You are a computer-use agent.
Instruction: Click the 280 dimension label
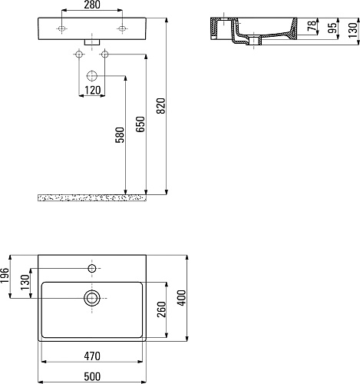(x=92, y=5)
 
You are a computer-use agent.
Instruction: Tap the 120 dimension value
(x=92, y=90)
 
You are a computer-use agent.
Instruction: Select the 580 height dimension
(x=120, y=135)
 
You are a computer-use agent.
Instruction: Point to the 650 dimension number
(x=140, y=124)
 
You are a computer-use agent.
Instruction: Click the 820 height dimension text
(x=161, y=106)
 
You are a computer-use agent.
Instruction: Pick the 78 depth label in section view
(x=312, y=26)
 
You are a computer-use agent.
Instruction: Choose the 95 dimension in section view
(x=332, y=28)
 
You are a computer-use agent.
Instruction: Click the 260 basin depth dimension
(x=161, y=310)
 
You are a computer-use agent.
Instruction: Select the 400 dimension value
(x=182, y=298)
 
